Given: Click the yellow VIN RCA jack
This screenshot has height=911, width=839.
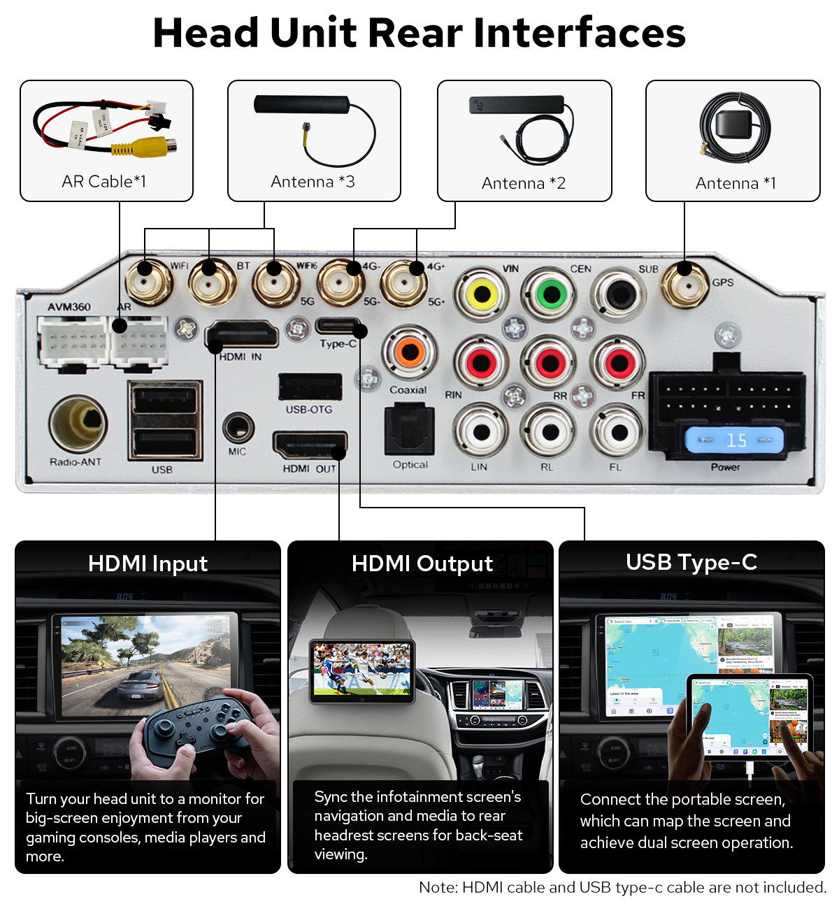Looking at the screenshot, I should (x=482, y=294).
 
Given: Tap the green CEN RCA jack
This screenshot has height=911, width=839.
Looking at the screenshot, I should (x=552, y=294).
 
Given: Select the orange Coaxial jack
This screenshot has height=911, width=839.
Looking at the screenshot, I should (x=410, y=352).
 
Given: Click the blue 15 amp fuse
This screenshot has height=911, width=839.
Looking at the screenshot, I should (x=734, y=440).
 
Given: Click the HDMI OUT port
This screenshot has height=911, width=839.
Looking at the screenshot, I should (x=309, y=445).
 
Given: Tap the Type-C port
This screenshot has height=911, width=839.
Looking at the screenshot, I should (x=338, y=327).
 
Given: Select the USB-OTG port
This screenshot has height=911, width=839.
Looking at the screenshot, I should (x=310, y=387).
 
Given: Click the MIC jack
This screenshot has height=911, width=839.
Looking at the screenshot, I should (x=238, y=427).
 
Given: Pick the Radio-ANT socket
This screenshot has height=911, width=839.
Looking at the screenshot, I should (x=78, y=424).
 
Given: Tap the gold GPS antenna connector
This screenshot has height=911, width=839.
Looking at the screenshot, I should (x=685, y=284).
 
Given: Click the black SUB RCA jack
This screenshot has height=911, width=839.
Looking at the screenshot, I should (x=619, y=294).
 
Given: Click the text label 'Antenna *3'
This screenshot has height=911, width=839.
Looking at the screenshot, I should (x=313, y=182).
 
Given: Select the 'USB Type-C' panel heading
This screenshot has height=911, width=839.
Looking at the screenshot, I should (x=691, y=562).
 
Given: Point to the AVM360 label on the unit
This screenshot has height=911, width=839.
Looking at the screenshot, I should (x=69, y=307).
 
